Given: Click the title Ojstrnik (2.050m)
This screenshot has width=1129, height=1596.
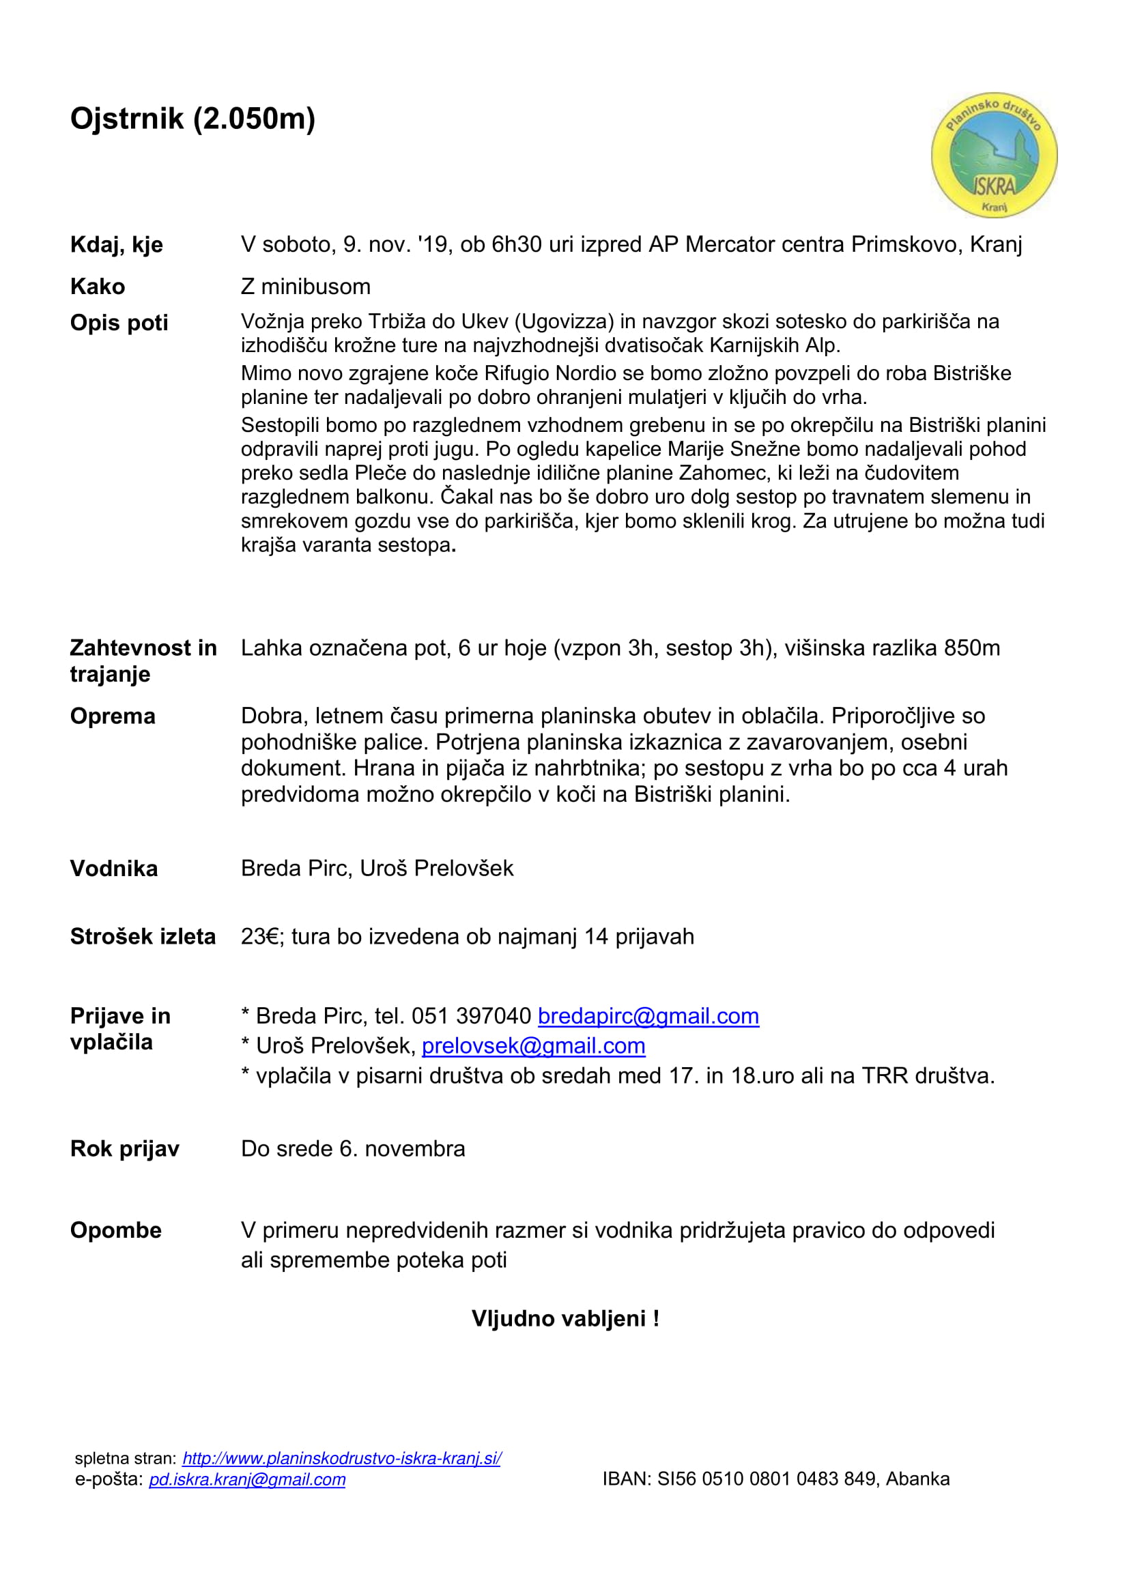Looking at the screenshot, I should (x=192, y=119).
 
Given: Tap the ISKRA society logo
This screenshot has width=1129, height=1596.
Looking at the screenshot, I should (x=993, y=155).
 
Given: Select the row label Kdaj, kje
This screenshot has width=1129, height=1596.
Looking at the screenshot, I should (x=116, y=245).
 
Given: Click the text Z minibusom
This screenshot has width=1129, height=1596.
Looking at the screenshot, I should (x=305, y=287).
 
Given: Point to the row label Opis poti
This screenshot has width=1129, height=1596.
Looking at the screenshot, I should (x=119, y=323).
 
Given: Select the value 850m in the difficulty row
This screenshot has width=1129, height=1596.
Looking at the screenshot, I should (x=971, y=648).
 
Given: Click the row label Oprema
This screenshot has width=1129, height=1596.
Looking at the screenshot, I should (x=113, y=716).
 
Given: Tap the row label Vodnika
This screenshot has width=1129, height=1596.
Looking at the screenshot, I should (x=114, y=868).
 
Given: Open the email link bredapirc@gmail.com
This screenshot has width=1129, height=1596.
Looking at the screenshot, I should (x=648, y=1015).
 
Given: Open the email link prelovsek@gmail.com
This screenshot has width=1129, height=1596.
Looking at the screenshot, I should (x=533, y=1045).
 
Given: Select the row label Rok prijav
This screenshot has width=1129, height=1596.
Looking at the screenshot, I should (x=124, y=1148).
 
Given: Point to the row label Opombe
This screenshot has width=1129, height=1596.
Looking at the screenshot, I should (x=115, y=1230).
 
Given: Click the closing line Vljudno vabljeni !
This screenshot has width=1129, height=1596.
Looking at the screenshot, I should (x=565, y=1318).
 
